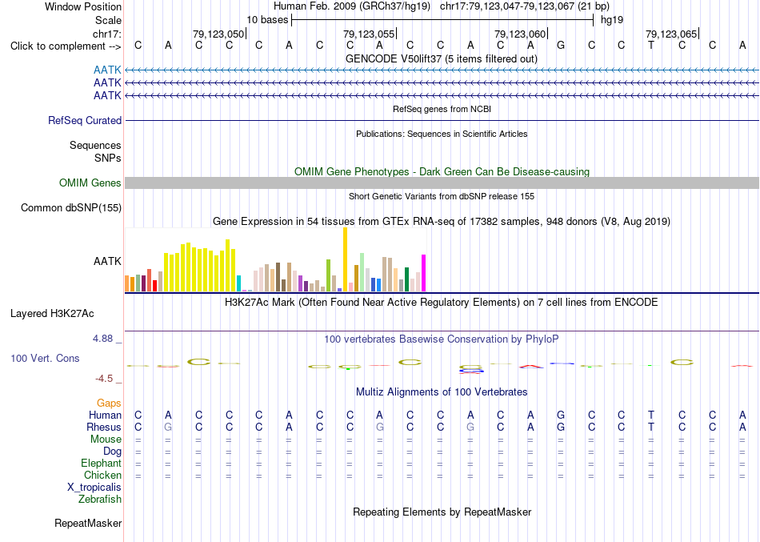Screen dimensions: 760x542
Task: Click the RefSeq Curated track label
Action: pyautogui.click(x=85, y=120)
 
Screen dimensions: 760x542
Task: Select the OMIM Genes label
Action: pyautogui.click(x=90, y=183)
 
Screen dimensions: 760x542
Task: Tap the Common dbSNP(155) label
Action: pyautogui.click(x=71, y=207)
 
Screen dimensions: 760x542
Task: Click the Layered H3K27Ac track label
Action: pyautogui.click(x=52, y=314)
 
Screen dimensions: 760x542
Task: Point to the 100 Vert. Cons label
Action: pyautogui.click(x=45, y=358)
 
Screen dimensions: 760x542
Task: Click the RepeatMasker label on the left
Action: pyautogui.click(x=88, y=523)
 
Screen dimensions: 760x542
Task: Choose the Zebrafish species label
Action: pyautogui.click(x=100, y=499)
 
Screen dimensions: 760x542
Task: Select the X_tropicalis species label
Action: pyautogui.click(x=94, y=488)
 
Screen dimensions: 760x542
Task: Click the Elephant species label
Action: pyautogui.click(x=102, y=463)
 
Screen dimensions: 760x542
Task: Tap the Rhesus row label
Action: pyautogui.click(x=104, y=427)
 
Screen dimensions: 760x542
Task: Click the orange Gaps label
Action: pyautogui.click(x=109, y=403)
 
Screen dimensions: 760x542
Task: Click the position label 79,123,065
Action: pyautogui.click(x=672, y=34)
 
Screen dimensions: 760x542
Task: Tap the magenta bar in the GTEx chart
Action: pyautogui.click(x=424, y=273)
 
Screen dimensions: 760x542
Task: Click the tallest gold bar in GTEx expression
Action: pyautogui.click(x=345, y=259)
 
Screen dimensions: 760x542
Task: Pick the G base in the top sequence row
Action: pyautogui.click(x=561, y=45)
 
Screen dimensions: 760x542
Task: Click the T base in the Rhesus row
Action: pyautogui.click(x=651, y=427)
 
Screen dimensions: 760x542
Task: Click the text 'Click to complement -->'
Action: pyautogui.click(x=66, y=46)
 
